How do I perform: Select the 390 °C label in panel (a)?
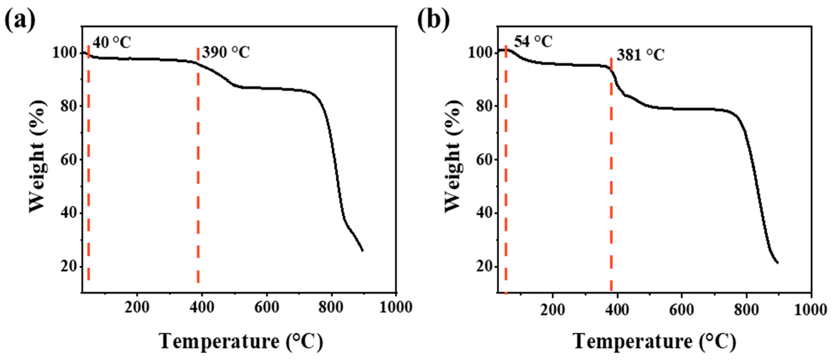226,53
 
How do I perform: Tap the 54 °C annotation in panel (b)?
533,42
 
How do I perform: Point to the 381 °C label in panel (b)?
640,55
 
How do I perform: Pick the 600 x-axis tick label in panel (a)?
267,307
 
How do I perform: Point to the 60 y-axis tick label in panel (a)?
69,160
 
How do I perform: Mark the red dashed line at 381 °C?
611,178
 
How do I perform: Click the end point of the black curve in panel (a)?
362,250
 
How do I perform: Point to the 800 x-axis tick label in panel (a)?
331,307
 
